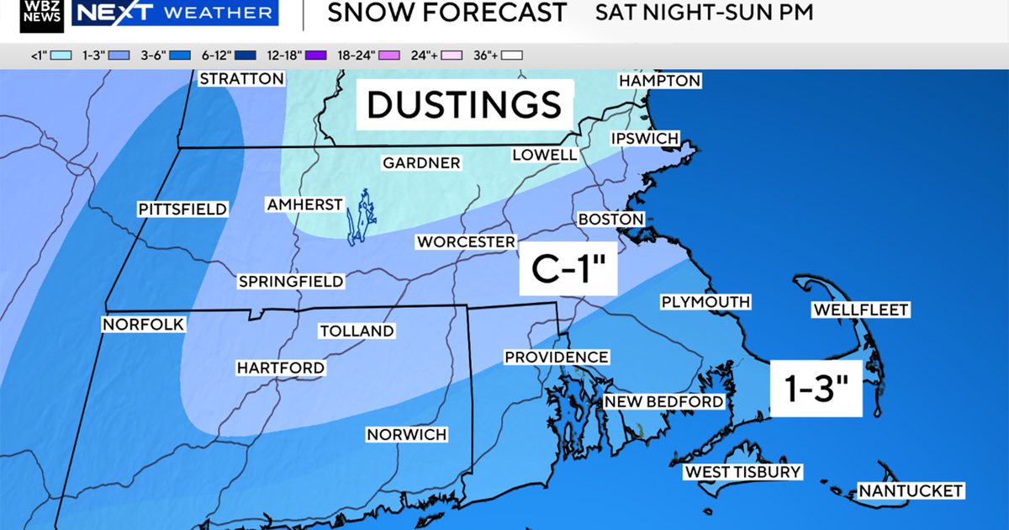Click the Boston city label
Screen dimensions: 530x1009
(x=610, y=219)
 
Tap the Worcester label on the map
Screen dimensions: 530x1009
(x=466, y=242)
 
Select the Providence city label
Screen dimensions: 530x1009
(x=556, y=358)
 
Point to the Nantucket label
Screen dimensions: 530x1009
(x=910, y=490)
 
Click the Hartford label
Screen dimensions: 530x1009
(x=280, y=368)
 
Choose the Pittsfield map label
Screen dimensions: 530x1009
(x=182, y=209)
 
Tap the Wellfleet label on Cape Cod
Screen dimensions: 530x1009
(x=860, y=310)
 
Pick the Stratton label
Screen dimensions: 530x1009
(x=241, y=79)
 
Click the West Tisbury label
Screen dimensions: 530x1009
(x=742, y=472)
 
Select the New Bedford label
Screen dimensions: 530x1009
(x=663, y=401)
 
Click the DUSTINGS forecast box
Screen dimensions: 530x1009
(x=464, y=104)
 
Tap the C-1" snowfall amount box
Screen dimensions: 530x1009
(x=568, y=269)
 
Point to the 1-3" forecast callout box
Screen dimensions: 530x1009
(x=816, y=387)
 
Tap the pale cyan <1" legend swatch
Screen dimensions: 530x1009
(x=60, y=56)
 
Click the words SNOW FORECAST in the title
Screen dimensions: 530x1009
(x=446, y=13)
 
